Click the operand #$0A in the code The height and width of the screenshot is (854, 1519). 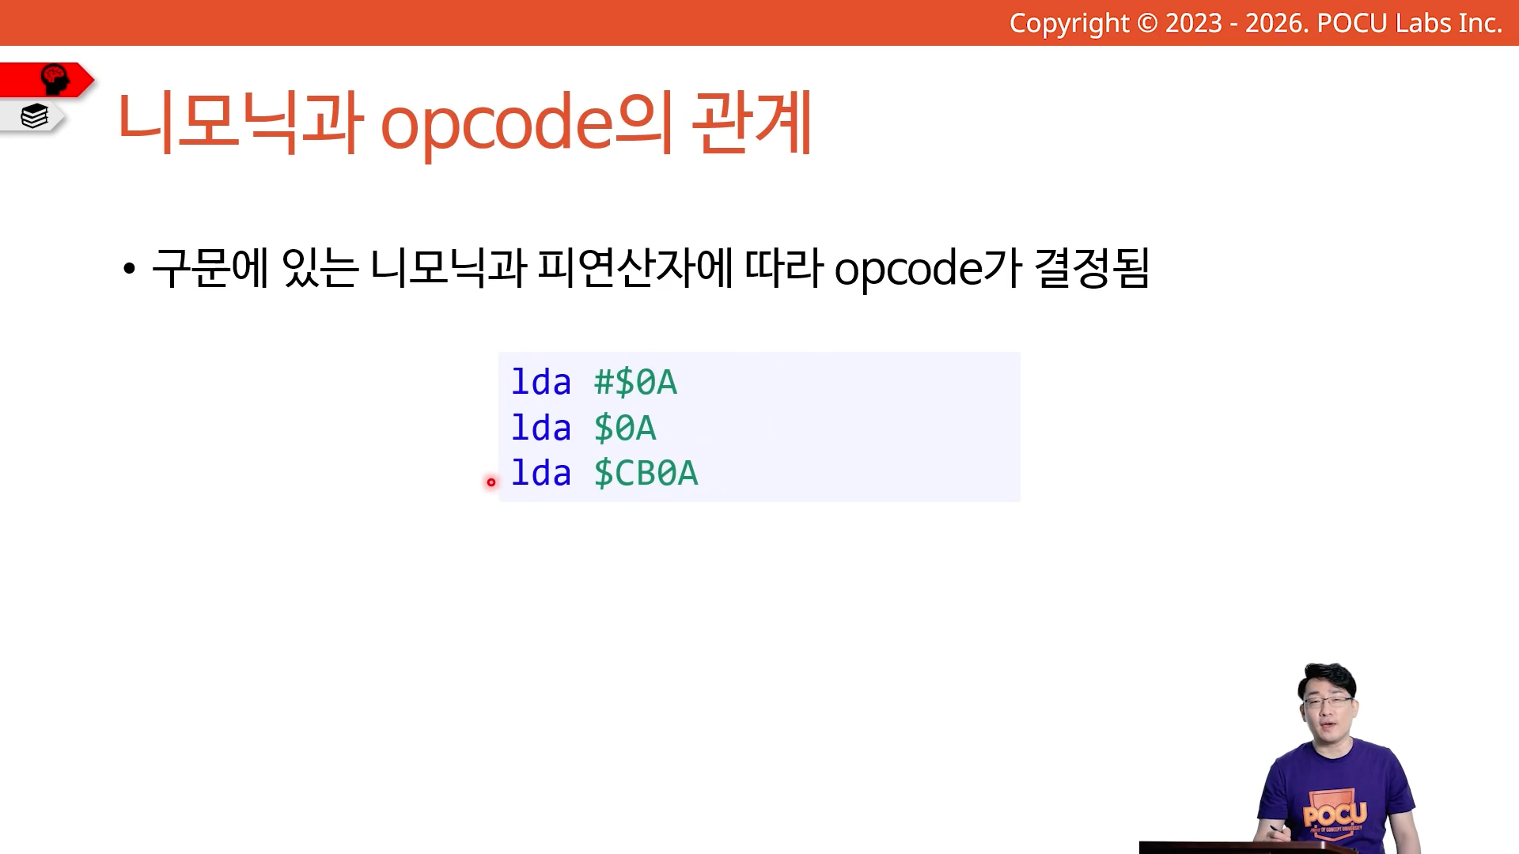(x=635, y=383)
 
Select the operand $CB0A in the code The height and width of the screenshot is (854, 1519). (x=646, y=474)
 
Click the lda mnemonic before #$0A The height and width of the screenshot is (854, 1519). (x=541, y=382)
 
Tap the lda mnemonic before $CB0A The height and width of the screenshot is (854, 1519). (x=541, y=473)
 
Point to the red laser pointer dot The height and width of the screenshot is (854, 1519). (x=491, y=482)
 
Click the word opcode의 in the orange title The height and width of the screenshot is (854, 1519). (x=527, y=124)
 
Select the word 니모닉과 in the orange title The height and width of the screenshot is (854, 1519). (x=241, y=123)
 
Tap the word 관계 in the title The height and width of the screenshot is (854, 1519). (x=752, y=123)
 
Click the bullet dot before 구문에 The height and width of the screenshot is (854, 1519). (x=129, y=269)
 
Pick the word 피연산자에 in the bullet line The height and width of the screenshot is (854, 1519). (x=635, y=267)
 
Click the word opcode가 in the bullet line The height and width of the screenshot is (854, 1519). (x=928, y=269)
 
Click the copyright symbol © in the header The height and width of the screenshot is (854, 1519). (x=1147, y=23)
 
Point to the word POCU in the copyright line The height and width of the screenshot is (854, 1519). (x=1352, y=23)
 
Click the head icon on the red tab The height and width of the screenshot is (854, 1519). (x=55, y=79)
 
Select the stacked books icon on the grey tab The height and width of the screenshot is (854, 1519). (x=34, y=116)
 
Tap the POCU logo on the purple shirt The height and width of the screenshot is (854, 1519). (x=1336, y=814)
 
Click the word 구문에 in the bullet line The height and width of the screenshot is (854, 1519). (x=210, y=267)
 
